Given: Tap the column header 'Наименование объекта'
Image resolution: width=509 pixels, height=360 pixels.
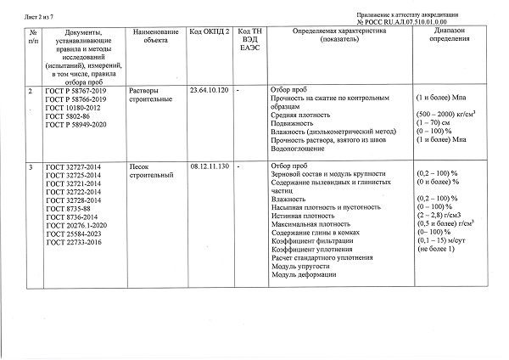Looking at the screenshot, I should [154, 36].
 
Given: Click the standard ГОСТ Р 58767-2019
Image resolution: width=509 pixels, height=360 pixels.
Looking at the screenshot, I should [76, 89].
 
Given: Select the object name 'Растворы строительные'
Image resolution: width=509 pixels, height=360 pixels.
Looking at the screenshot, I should [149, 94].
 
